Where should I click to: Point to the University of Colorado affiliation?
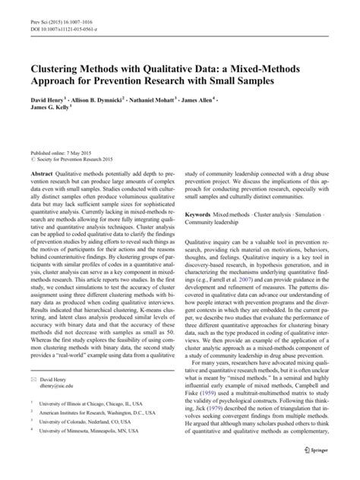point(87,445)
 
